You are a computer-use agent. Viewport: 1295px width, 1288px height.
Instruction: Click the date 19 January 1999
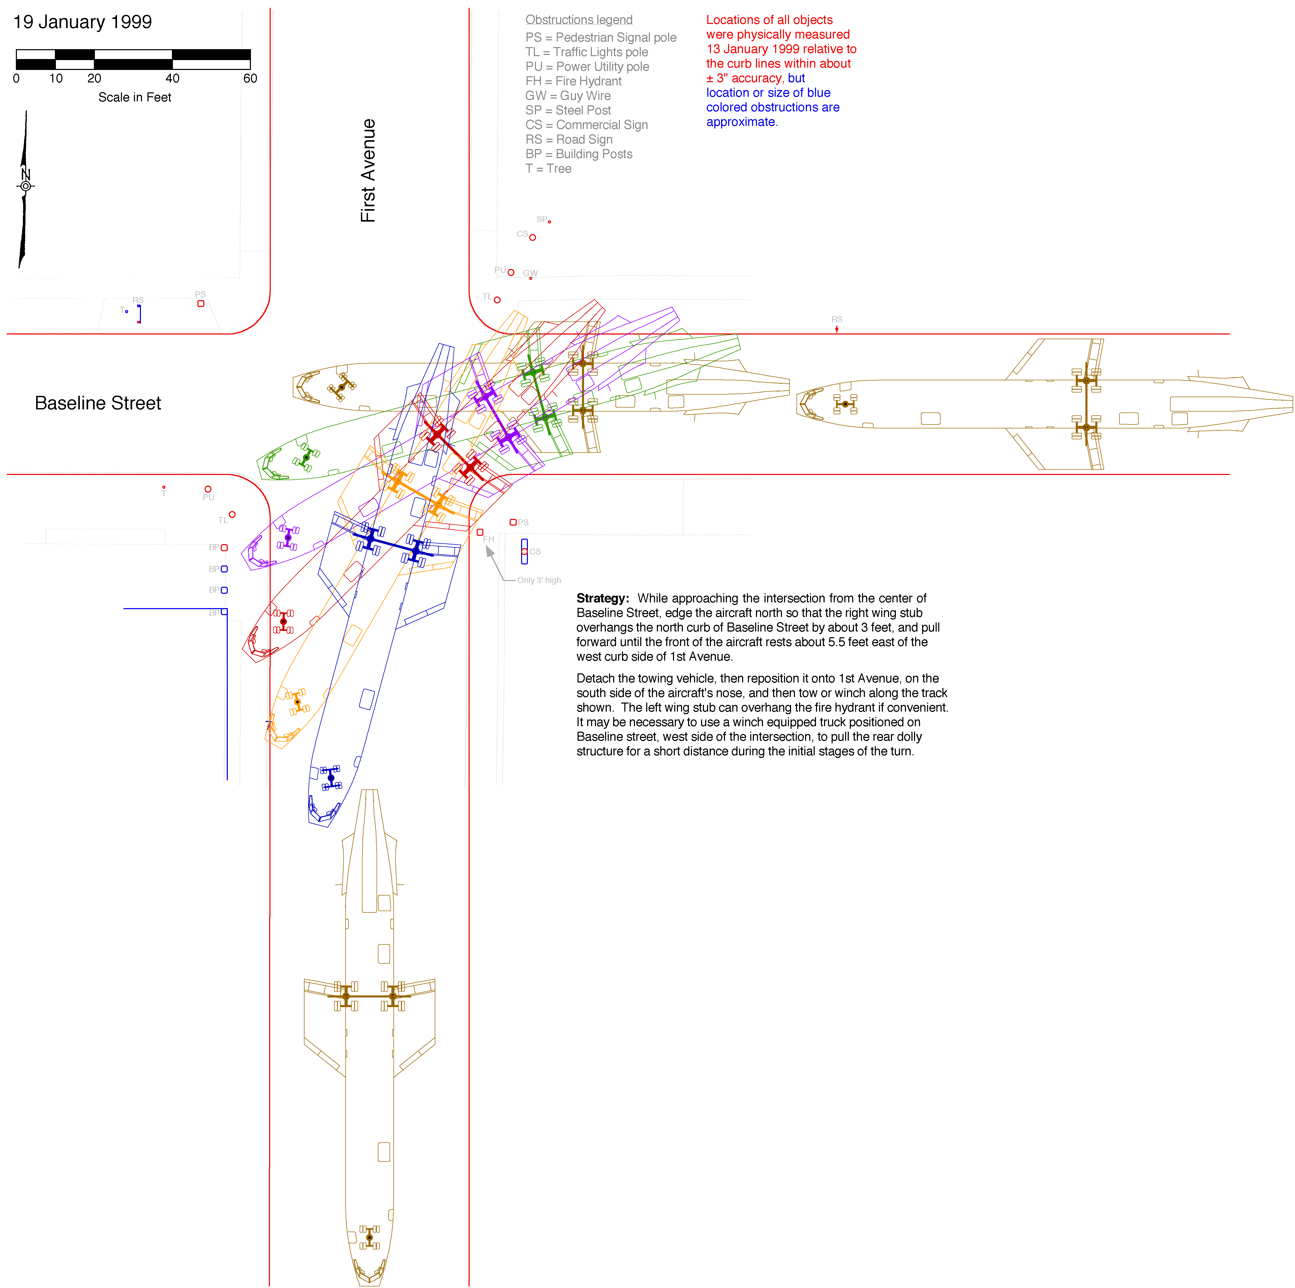(82, 22)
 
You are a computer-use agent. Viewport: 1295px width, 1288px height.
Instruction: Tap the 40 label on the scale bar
(172, 79)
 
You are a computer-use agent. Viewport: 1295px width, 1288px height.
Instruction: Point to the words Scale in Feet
(135, 97)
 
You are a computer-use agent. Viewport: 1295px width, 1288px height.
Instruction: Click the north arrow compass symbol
(25, 186)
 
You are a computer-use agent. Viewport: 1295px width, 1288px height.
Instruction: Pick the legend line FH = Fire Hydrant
(573, 81)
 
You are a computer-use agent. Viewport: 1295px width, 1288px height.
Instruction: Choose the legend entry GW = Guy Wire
(568, 96)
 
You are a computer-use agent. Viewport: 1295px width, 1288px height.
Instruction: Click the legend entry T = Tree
(548, 169)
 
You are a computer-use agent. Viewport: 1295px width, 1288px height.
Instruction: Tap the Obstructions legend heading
(579, 20)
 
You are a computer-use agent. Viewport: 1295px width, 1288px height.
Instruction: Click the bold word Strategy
(602, 598)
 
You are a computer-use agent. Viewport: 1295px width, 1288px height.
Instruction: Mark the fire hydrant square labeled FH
(480, 532)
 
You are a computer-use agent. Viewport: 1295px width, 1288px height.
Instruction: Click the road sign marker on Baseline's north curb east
(837, 329)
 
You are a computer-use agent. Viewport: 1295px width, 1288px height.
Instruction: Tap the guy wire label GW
(530, 273)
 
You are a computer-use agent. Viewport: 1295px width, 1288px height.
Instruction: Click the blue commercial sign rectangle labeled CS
(524, 551)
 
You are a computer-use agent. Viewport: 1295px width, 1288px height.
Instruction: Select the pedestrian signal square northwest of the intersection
(200, 304)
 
